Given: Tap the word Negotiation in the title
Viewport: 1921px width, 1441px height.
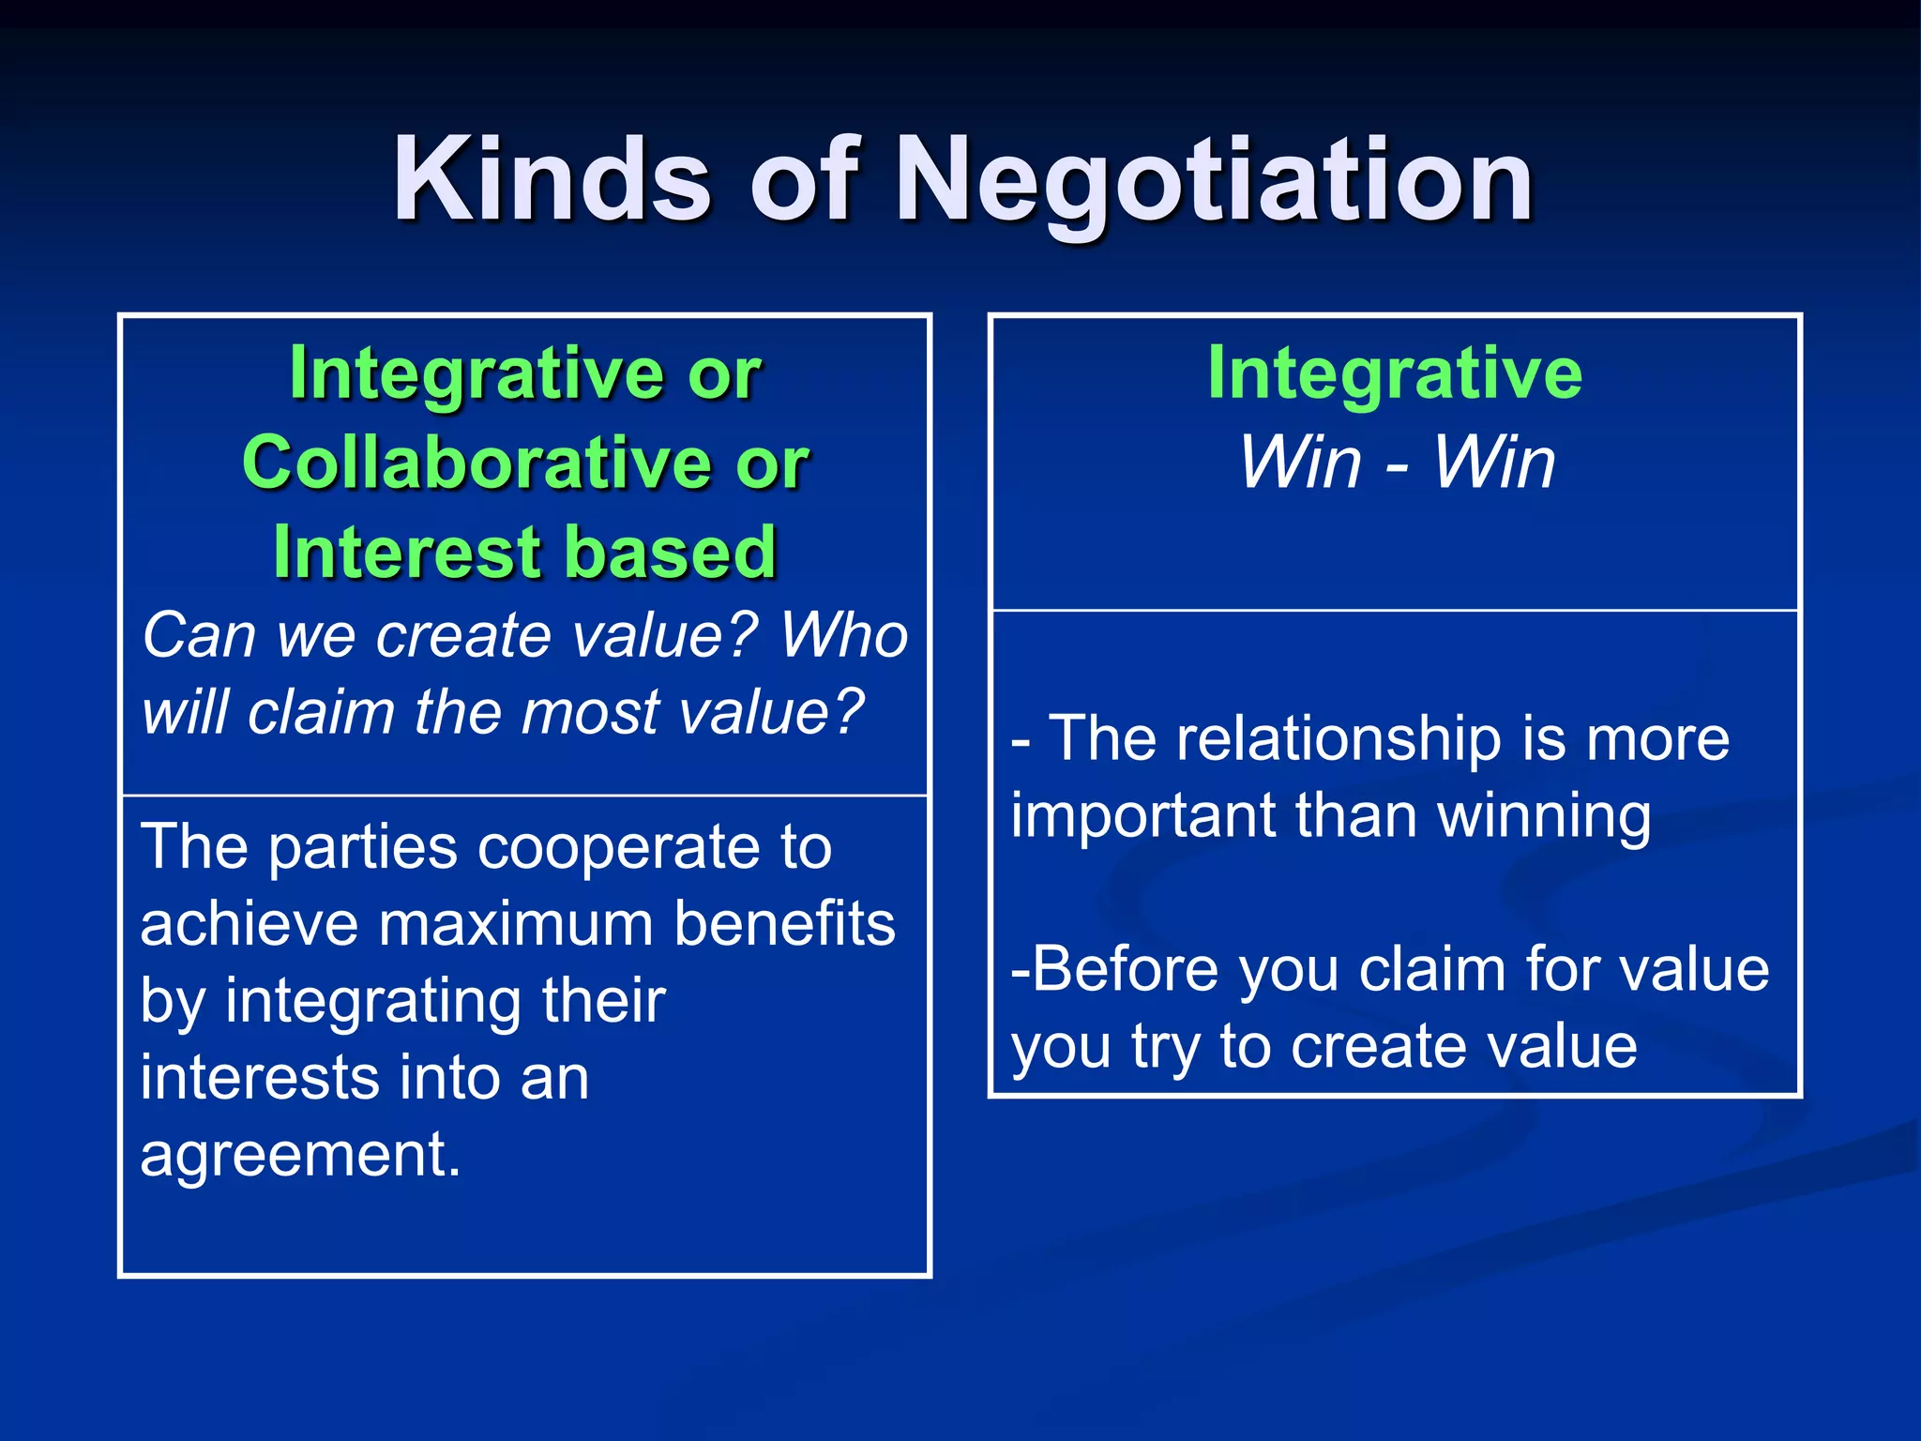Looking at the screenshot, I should pos(1215,180).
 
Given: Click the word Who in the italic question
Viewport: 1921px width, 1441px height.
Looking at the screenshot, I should pos(843,635).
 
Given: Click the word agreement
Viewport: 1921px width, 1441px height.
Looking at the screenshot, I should pos(299,1155).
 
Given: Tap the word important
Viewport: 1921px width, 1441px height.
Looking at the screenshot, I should pos(1142,815).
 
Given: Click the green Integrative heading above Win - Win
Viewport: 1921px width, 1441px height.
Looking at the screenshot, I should pos(1394,373).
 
